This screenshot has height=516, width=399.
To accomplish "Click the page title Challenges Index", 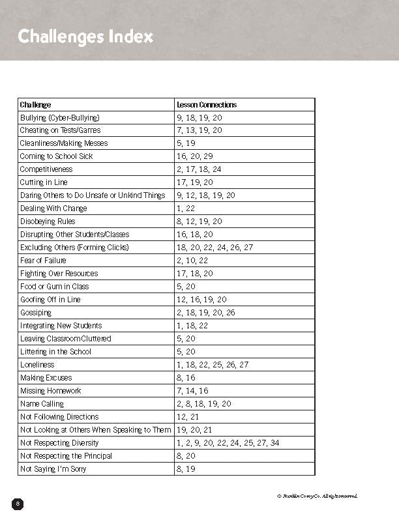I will pos(85,36).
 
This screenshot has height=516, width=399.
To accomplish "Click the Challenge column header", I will pos(35,104).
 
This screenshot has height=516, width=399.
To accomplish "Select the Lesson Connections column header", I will pos(207,104).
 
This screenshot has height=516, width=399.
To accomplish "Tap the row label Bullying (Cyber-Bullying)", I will pos(59,117).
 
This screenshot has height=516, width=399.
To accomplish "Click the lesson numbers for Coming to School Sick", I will pos(195,156).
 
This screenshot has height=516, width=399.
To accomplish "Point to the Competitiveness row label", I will pos(46,169).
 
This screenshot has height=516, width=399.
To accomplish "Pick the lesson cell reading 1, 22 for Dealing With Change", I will pos(185,208).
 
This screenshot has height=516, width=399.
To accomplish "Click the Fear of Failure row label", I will pos(43,261).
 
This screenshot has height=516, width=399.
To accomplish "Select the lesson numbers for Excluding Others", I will pos(214,248).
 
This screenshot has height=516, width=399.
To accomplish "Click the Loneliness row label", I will pos(37,365).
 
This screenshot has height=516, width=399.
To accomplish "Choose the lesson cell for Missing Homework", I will pos(192,391).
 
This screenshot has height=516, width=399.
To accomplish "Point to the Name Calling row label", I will pos(42,404).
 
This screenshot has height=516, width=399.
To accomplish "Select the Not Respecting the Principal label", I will pos(66,456).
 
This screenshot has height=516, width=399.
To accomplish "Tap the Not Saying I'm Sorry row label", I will pos(53,469).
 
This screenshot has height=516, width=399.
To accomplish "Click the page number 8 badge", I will pos(18,503).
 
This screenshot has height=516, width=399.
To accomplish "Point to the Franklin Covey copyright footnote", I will pos(317,496).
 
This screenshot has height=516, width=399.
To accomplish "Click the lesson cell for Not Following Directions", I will pos(187,417).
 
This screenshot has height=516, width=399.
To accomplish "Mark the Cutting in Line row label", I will pos(44,182).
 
